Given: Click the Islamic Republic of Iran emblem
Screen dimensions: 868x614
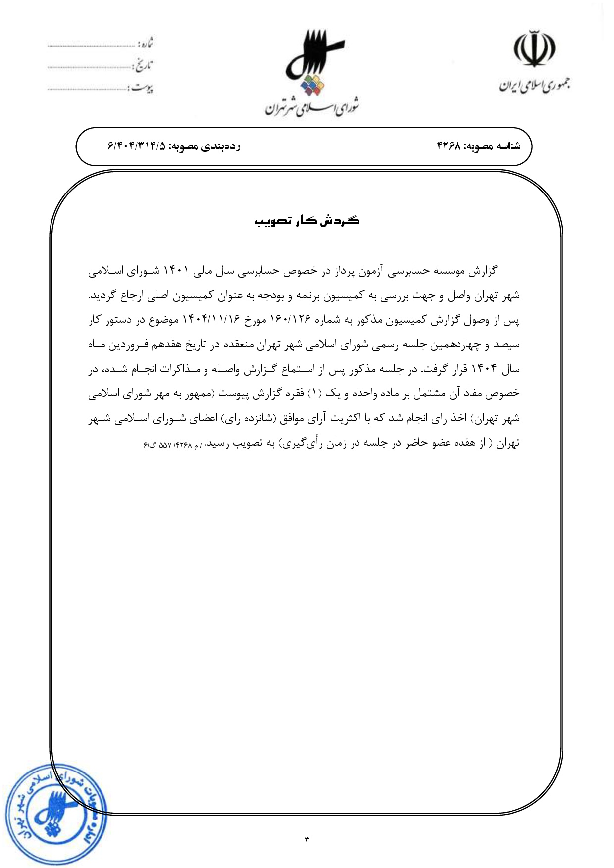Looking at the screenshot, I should [x=534, y=49].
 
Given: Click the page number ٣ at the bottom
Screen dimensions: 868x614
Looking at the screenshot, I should [x=307, y=840].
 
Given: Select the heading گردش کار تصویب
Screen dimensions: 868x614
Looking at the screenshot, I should [x=307, y=221].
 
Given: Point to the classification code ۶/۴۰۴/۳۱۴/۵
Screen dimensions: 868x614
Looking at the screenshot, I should [x=137, y=146].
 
